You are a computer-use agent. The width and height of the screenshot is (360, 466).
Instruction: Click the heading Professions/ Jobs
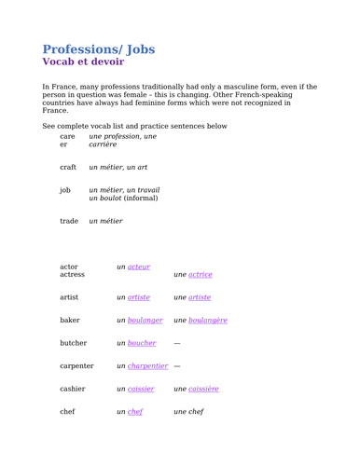pos(99,48)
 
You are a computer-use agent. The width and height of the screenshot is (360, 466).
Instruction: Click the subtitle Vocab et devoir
pos(83,62)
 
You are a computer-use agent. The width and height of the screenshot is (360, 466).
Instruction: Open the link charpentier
pos(147,366)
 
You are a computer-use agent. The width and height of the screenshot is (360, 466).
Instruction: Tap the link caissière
pos(203,389)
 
